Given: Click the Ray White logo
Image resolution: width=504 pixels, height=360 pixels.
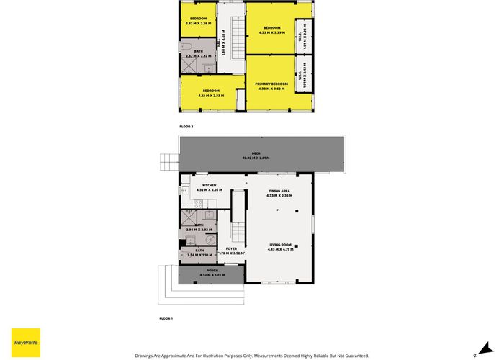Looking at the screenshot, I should click(26, 341).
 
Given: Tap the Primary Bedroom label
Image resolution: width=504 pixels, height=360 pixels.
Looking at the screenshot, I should click(271, 84).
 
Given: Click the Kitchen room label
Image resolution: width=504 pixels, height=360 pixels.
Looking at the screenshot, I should click(209, 186).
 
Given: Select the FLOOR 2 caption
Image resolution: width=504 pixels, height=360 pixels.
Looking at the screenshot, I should click(186, 127).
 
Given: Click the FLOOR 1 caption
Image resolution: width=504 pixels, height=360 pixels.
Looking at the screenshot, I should click(166, 318).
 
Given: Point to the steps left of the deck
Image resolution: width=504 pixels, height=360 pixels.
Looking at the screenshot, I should click(168, 163).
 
